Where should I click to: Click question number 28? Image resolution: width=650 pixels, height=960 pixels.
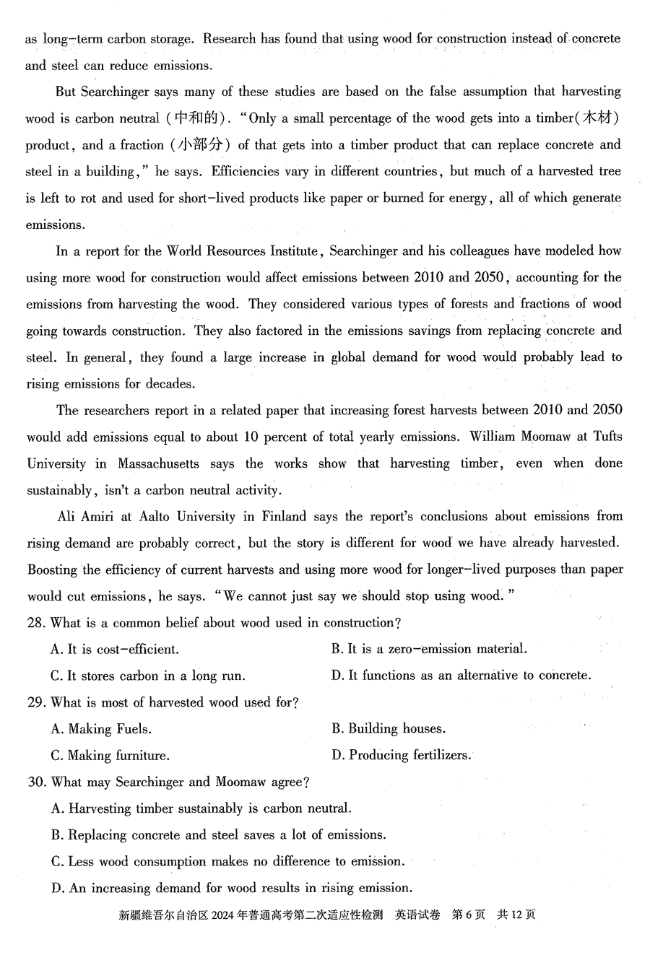coord(36,623)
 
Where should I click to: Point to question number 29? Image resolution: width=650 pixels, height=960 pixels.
coord(36,702)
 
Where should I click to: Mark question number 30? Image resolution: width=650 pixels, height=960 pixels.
coord(36,782)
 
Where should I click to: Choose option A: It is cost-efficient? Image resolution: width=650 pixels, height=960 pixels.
coord(115,650)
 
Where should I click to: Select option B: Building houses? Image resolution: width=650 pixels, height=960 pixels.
coord(389,729)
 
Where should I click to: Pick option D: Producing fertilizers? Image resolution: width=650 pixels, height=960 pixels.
coord(402,756)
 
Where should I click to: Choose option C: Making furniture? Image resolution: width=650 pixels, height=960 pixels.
coord(110,756)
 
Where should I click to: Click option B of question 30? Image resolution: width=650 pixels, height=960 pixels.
coord(219,835)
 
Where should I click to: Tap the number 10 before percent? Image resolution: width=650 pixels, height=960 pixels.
coord(251,437)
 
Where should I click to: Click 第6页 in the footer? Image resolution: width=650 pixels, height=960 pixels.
coord(468,915)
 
